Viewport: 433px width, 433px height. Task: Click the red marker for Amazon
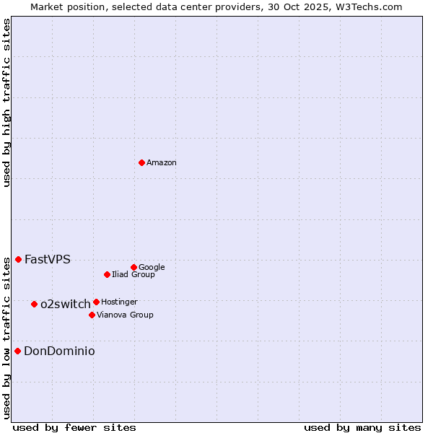click(x=141, y=162)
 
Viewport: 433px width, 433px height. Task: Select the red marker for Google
click(x=134, y=267)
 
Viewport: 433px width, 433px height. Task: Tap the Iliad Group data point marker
click(x=107, y=274)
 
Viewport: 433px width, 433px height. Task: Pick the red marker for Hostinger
click(x=96, y=302)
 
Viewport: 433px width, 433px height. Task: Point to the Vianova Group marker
click(x=92, y=315)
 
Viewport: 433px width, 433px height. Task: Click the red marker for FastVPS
click(x=18, y=259)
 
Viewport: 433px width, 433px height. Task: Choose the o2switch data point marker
click(x=34, y=304)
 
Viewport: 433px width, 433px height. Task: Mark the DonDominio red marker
click(x=17, y=351)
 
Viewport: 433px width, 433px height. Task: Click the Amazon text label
click(x=162, y=163)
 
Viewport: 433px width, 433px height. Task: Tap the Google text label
click(x=152, y=268)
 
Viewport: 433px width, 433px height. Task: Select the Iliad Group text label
click(x=134, y=275)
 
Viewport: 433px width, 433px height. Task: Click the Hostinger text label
click(x=119, y=302)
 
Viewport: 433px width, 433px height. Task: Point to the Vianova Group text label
click(x=125, y=315)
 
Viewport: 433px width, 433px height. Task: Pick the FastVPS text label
click(x=48, y=260)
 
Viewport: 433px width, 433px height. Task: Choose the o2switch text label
click(x=66, y=305)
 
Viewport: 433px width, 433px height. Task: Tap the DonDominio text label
click(x=59, y=351)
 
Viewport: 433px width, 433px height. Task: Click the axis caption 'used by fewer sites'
click(x=74, y=428)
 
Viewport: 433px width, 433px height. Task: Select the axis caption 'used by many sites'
click(x=362, y=428)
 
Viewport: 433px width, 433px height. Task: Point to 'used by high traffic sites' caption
click(x=7, y=102)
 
